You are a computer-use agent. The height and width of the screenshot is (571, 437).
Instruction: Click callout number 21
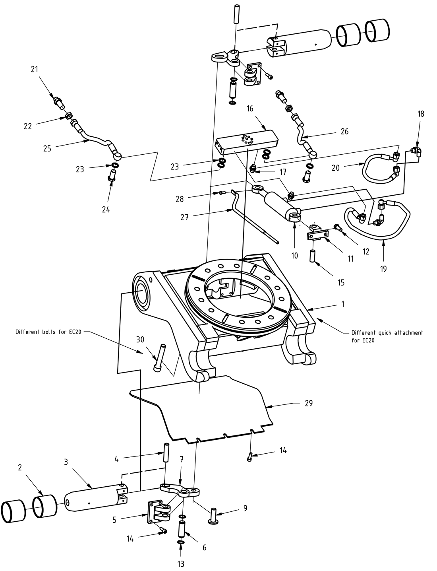[x=35, y=69]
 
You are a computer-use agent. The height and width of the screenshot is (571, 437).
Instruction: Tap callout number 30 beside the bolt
[x=140, y=340]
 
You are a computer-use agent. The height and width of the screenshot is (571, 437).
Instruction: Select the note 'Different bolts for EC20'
[x=48, y=332]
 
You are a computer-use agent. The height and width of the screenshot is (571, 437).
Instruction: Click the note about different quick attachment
[x=387, y=336]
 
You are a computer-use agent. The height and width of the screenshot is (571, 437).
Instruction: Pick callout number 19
[x=383, y=269]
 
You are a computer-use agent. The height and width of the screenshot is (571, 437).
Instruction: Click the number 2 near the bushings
[x=20, y=468]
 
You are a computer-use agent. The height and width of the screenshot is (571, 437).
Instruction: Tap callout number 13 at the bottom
[x=181, y=563]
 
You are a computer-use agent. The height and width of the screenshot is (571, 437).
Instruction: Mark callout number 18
[x=421, y=114]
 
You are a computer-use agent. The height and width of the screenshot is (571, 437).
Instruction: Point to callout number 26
[x=344, y=131]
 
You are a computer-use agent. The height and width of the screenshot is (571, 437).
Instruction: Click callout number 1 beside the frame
[x=342, y=304]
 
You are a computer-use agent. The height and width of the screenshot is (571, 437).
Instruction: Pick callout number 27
[x=184, y=217]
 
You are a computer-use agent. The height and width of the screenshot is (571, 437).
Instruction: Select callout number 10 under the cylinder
[x=294, y=256]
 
